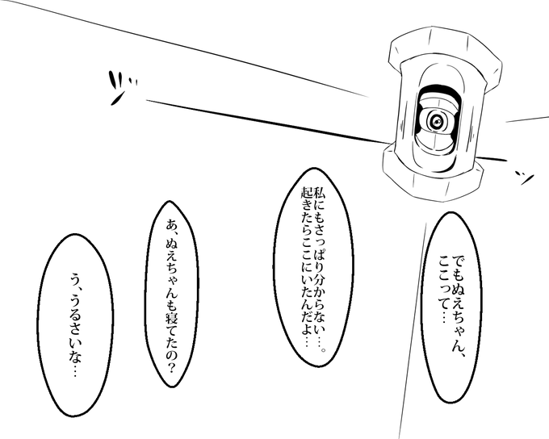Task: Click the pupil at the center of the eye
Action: [x=437, y=122]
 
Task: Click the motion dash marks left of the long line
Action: [x=121, y=87]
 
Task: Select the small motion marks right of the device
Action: [x=524, y=178]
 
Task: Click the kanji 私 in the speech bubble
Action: [x=320, y=193]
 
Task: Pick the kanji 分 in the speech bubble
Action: [x=320, y=280]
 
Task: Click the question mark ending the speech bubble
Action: [x=172, y=366]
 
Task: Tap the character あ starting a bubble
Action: [x=172, y=224]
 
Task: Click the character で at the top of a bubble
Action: [x=458, y=261]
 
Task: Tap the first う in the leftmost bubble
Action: [x=75, y=279]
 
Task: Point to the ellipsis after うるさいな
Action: [x=75, y=370]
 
